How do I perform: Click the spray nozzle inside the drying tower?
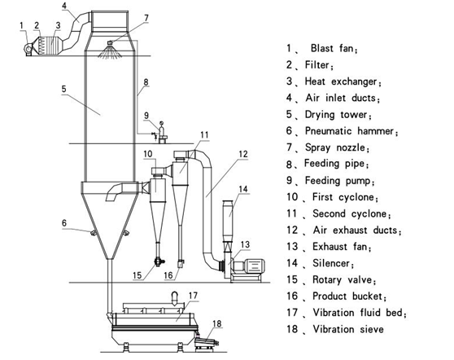pos(110,43)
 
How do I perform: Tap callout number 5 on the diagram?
pos(64,89)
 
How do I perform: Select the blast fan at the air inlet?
pos(28,49)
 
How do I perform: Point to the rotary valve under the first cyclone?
pos(159,261)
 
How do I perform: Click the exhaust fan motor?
pos(254,266)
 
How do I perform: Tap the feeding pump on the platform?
pos(162,132)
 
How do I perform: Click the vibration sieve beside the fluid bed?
pos(206,344)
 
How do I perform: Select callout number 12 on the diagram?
pos(243,154)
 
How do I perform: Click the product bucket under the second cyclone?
pos(181,263)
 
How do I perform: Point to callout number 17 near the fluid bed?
pos(193,296)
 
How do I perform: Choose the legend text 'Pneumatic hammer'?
pos(350,131)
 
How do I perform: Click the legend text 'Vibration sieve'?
pos(348,329)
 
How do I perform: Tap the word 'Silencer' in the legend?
pos(331,263)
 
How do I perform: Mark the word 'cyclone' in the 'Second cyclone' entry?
pos(369,214)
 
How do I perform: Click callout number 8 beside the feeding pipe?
pos(146,82)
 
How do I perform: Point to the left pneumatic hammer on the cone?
pos(94,232)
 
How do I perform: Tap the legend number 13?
pos(292,247)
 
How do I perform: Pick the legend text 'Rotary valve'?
pos(343,279)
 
